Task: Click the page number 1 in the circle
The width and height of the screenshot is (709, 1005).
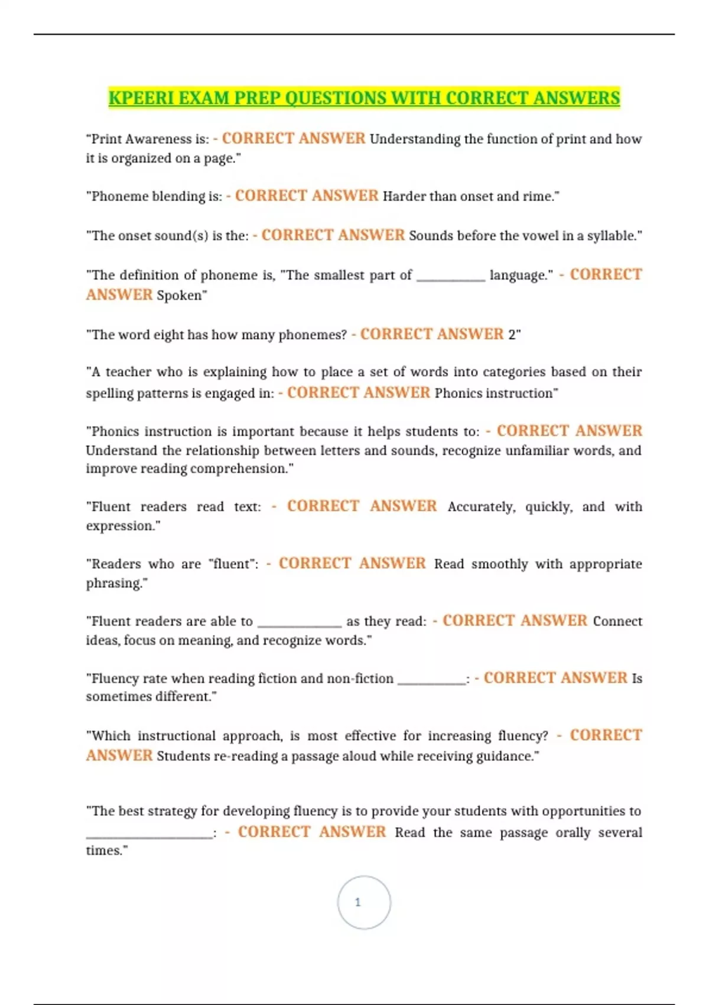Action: tap(357, 902)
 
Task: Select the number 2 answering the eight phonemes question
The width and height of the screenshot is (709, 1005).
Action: tap(512, 335)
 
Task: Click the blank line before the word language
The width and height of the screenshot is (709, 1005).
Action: tap(450, 278)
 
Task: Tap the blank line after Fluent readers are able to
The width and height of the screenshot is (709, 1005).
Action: tap(300, 624)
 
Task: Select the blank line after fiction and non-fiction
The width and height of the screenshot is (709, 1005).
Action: tap(431, 681)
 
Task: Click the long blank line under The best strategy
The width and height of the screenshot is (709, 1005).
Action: tap(149, 836)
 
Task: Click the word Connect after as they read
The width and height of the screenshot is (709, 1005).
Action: tap(617, 621)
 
